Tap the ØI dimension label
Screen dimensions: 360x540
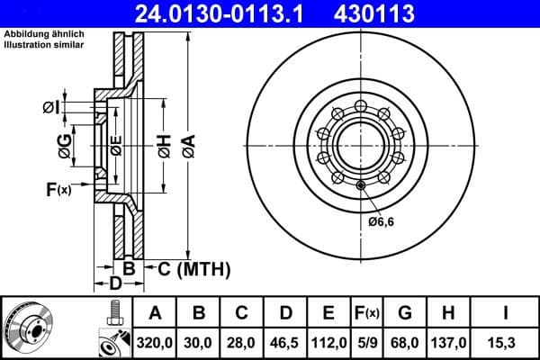(50, 107)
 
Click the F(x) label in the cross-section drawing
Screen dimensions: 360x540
(58, 189)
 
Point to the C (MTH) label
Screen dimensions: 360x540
(193, 268)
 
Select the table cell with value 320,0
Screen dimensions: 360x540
(155, 342)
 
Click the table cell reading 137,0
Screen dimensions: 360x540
(449, 342)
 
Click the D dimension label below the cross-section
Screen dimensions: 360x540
(116, 284)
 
